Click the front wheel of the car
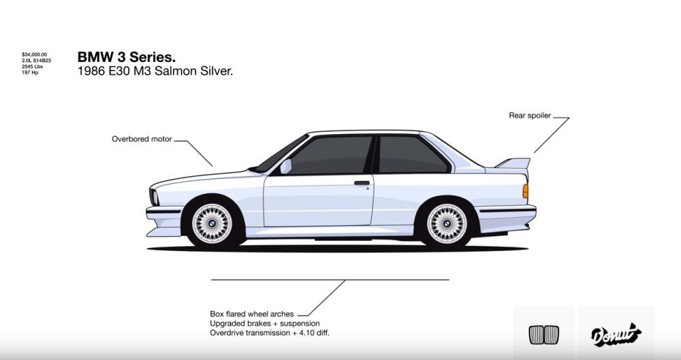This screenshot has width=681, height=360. coord(211,223)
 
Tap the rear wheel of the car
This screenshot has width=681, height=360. coord(447,222)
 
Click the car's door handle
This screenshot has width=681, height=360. coord(362,182)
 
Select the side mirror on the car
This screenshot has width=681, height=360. coord(285,166)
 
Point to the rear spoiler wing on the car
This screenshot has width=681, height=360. coord(513,163)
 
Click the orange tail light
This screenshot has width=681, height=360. coord(525,191)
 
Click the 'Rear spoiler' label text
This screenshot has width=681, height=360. coord(529,116)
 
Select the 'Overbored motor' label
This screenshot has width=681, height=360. coord(142,139)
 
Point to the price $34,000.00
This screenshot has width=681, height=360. coord(35,54)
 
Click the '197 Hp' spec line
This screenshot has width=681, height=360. coord(30,72)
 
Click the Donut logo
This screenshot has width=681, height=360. coord(616,333)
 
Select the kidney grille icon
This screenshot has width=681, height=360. coord(543,334)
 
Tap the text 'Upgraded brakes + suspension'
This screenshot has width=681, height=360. coord(264,323)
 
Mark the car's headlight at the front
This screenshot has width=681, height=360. coord(154,197)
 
